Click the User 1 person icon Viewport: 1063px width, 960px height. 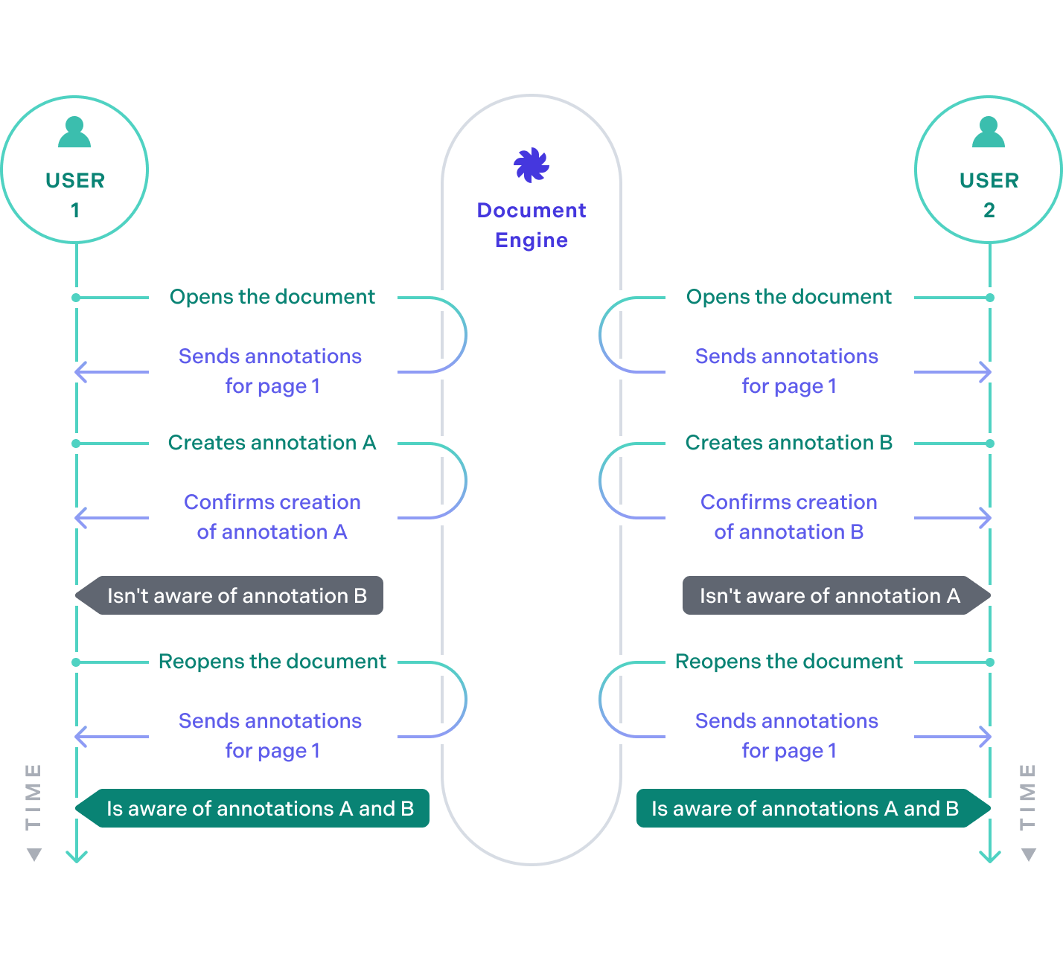74,132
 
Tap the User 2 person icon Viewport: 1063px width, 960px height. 989,132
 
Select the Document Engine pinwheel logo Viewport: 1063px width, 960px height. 531,164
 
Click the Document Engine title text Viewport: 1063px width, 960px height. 531,225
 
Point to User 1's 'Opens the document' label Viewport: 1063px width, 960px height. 272,297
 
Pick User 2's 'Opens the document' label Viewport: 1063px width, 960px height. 788,297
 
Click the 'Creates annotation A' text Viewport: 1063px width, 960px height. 272,443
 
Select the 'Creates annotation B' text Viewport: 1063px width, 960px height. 788,443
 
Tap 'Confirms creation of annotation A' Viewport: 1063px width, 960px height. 272,517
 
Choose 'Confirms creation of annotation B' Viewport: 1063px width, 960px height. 788,517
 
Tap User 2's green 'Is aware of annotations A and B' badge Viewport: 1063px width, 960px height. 808,808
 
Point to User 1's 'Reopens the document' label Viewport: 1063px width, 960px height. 272,662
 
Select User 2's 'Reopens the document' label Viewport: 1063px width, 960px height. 788,662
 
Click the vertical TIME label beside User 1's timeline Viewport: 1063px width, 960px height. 33,796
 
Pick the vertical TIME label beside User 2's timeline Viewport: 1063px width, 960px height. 1028,796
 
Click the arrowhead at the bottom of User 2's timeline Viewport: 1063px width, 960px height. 989,857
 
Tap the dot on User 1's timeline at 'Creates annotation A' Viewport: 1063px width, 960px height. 76,444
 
